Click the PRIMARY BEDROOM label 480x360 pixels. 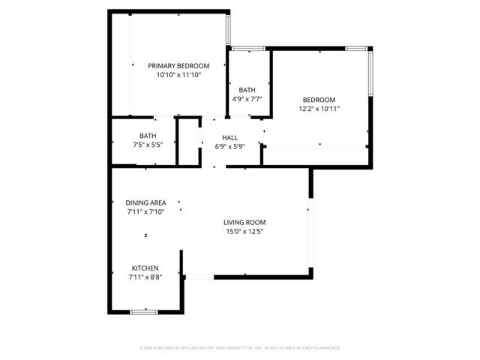click(x=178, y=65)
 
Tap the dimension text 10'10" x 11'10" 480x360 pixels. click(x=178, y=75)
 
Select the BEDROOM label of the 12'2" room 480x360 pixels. click(x=319, y=100)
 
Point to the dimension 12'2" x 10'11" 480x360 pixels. click(x=319, y=109)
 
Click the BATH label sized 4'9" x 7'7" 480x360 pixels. click(x=247, y=90)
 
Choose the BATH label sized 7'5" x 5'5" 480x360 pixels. click(x=147, y=136)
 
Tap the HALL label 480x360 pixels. click(x=229, y=137)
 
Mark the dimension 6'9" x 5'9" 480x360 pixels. click(x=229, y=146)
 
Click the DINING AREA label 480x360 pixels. click(x=145, y=202)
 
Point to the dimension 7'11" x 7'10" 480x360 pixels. click(x=145, y=211)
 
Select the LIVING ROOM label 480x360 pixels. click(x=244, y=222)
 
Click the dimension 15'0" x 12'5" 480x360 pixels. click(x=244, y=231)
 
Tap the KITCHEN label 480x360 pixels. click(x=145, y=268)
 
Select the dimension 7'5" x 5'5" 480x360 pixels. click(x=147, y=145)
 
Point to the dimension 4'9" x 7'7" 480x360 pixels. click(x=247, y=99)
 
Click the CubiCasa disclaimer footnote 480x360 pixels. click(x=240, y=348)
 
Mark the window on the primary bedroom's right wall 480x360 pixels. click(x=229, y=28)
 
